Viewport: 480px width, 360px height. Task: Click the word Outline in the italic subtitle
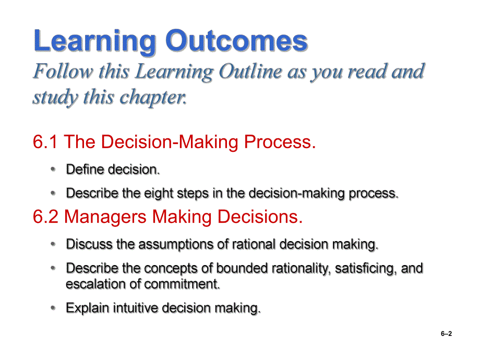click(x=250, y=71)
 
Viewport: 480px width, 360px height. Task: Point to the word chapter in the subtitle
click(x=153, y=98)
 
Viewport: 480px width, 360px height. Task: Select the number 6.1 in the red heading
click(x=45, y=142)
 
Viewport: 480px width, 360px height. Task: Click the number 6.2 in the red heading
click(x=45, y=217)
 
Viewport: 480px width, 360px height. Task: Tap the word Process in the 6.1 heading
click(x=280, y=142)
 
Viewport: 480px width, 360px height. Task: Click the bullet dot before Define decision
click(x=53, y=169)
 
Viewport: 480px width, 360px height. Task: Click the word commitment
click(x=182, y=284)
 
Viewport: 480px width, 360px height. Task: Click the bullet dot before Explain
click(x=53, y=307)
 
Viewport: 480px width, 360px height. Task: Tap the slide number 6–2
click(x=446, y=334)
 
